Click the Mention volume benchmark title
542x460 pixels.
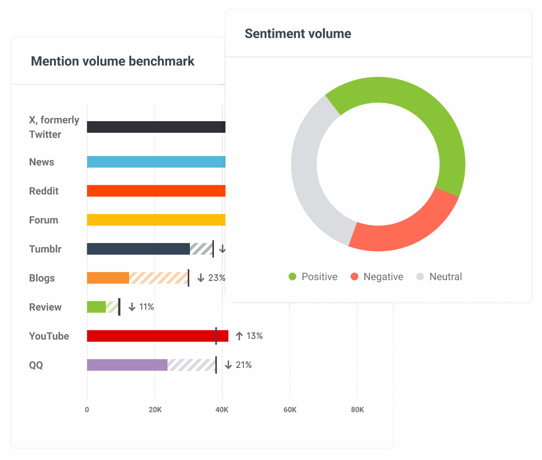(x=113, y=61)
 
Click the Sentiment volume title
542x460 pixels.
(x=297, y=34)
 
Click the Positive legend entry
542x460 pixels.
(x=313, y=277)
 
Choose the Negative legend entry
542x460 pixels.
(x=377, y=277)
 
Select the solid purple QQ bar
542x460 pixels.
(x=127, y=365)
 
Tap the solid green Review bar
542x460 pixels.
(x=96, y=307)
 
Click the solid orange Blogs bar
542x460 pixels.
(x=108, y=278)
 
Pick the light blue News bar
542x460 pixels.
(x=156, y=162)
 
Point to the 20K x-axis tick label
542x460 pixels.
(x=155, y=410)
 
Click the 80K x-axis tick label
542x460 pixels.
(x=357, y=410)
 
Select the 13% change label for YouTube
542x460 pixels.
(x=249, y=336)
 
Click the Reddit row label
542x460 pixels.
(x=44, y=191)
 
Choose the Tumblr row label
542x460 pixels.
(x=46, y=249)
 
